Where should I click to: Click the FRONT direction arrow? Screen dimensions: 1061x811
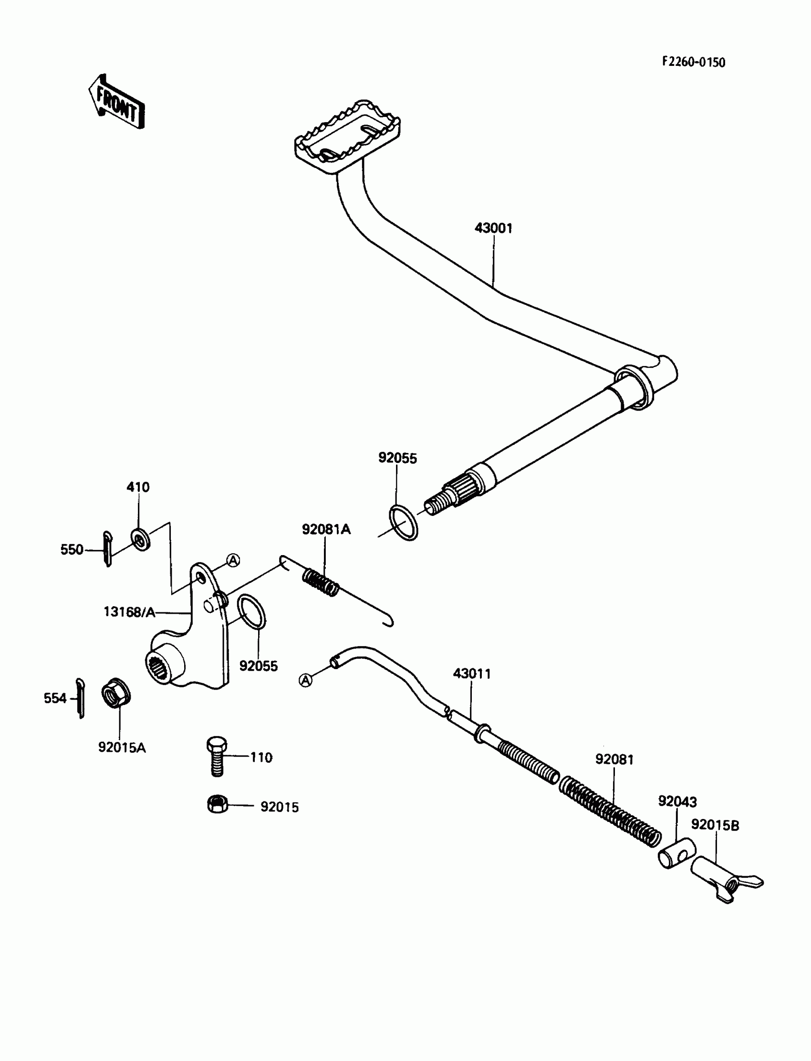pyautogui.click(x=116, y=103)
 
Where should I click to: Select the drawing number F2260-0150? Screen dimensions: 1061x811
pyautogui.click(x=693, y=63)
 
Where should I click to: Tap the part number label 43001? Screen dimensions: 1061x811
pyautogui.click(x=493, y=228)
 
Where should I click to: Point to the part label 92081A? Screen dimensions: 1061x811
pyautogui.click(x=326, y=529)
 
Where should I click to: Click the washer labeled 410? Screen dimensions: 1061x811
pyautogui.click(x=140, y=539)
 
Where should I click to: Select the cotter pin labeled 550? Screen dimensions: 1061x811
pyautogui.click(x=107, y=548)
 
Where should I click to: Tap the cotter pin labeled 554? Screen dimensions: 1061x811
pyautogui.click(x=81, y=698)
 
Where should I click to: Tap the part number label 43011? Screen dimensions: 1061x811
pyautogui.click(x=472, y=674)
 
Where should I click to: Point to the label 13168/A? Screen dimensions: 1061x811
pyautogui.click(x=129, y=612)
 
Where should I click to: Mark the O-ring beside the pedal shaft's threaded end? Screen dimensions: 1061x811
pyautogui.click(x=403, y=523)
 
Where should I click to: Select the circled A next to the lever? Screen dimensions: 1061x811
pyautogui.click(x=233, y=560)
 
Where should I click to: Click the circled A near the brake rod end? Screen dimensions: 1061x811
pyautogui.click(x=306, y=680)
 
